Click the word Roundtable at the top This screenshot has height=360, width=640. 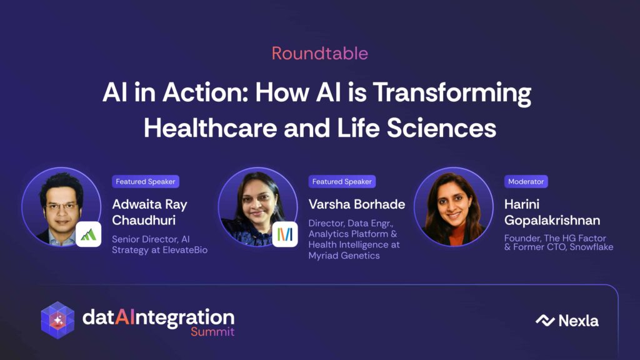click(x=320, y=54)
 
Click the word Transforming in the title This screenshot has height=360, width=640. click(x=452, y=94)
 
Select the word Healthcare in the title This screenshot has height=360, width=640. click(x=210, y=127)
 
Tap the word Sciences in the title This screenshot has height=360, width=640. click(x=441, y=127)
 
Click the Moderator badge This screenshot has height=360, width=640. click(x=526, y=182)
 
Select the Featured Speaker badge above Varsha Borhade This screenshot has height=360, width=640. click(x=342, y=182)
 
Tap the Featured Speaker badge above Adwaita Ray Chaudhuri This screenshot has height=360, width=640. click(x=145, y=182)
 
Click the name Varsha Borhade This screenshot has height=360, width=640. click(x=357, y=204)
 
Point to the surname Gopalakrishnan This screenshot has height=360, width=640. click(x=552, y=221)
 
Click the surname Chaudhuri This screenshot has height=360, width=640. click(x=144, y=221)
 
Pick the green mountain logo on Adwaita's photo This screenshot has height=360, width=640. click(x=88, y=235)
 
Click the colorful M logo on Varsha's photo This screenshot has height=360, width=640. click(x=285, y=234)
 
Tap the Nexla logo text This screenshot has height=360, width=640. click(x=578, y=321)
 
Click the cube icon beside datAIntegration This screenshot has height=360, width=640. click(x=57, y=321)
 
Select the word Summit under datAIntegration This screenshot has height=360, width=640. click(x=212, y=331)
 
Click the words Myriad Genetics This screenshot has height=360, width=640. click(x=344, y=256)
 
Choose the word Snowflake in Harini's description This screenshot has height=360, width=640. click(x=591, y=247)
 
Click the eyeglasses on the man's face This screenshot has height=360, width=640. click(x=61, y=206)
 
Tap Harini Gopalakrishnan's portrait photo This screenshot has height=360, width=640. click(x=454, y=207)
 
